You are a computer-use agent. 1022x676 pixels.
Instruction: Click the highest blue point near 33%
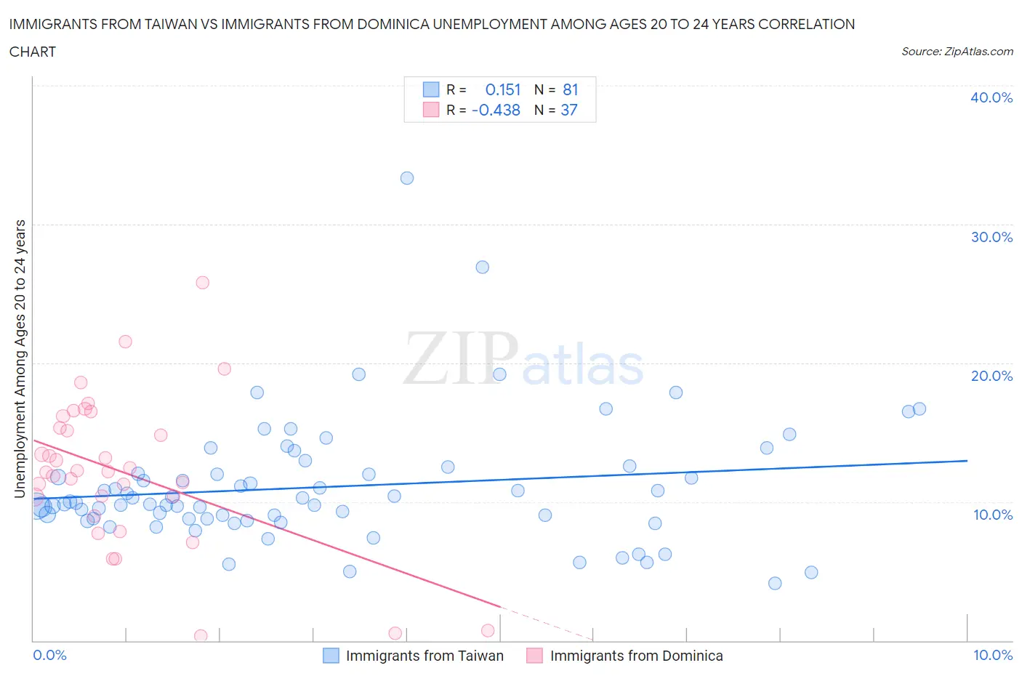(407, 178)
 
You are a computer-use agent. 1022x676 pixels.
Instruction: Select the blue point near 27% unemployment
(482, 267)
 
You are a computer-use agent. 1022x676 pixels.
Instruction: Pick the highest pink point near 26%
(203, 282)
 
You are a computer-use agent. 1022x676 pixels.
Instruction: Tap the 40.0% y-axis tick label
(991, 97)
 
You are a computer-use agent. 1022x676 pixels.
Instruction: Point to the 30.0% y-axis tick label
(991, 237)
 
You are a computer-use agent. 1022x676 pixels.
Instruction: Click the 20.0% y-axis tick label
(991, 376)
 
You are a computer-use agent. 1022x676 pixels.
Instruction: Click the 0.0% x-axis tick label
(49, 655)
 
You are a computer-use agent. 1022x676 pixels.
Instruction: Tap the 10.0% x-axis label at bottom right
(992, 655)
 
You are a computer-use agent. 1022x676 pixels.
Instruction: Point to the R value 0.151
(503, 89)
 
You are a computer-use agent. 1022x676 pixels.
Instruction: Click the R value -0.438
(496, 110)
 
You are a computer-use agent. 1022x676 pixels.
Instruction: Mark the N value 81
(570, 89)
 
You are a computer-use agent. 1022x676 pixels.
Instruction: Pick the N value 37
(569, 110)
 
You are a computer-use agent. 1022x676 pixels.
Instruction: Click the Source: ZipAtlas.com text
(957, 52)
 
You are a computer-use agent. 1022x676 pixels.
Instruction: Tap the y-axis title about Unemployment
(20, 359)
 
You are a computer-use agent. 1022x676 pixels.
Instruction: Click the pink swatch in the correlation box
(431, 110)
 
